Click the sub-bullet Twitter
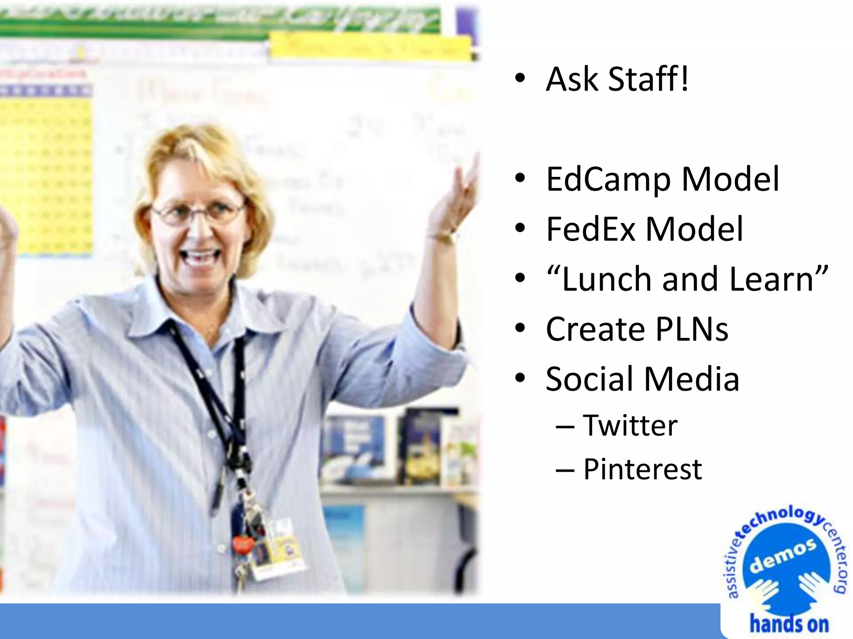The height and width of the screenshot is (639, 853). [x=630, y=425]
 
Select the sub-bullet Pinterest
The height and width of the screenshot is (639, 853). [x=642, y=469]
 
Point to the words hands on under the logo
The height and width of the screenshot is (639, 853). [x=789, y=624]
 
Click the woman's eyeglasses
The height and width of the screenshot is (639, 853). [x=198, y=213]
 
